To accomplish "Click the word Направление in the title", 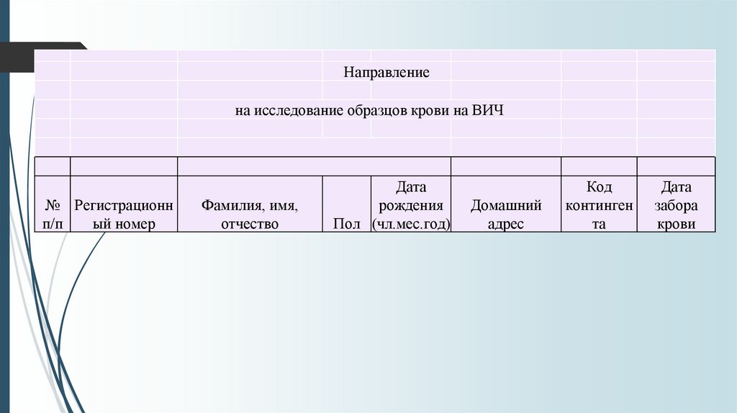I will coord(386,73).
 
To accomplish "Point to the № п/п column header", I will coord(53,214).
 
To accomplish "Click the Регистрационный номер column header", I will coord(124,214).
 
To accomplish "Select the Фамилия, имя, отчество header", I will coord(250,214).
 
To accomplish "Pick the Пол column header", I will coord(347,224).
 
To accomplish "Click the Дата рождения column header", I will coord(411,205).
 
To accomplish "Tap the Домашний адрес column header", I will coord(506,214).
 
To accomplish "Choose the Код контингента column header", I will coord(600,205).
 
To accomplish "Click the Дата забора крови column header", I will coord(677,205).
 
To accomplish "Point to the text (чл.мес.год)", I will coord(411,224).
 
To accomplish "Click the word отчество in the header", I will coord(250,224).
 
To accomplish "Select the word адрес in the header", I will coord(506,224).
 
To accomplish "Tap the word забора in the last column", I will coord(677,205).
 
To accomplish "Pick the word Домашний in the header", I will coord(506,205).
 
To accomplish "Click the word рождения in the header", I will coord(411,205).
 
